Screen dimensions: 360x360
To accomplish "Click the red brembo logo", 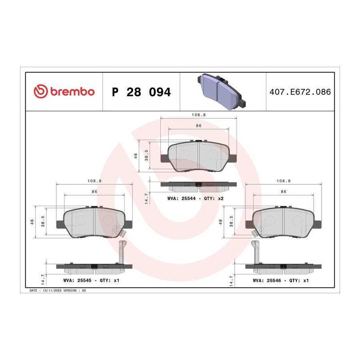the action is point(64,91).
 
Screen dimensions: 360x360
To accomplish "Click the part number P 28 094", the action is point(141,92).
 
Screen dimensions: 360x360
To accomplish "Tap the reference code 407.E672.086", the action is point(300,92).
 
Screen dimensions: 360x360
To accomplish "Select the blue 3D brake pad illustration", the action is point(222,91).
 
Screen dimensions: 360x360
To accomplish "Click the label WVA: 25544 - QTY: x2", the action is point(195,198).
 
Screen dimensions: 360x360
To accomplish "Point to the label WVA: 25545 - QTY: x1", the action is point(91,280).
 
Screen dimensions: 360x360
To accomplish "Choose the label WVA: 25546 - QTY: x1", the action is point(280,280).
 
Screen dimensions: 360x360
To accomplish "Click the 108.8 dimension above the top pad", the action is point(199,115).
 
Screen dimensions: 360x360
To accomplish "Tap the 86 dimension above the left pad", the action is point(94,192).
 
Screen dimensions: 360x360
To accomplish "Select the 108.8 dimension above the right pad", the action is point(284,181).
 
